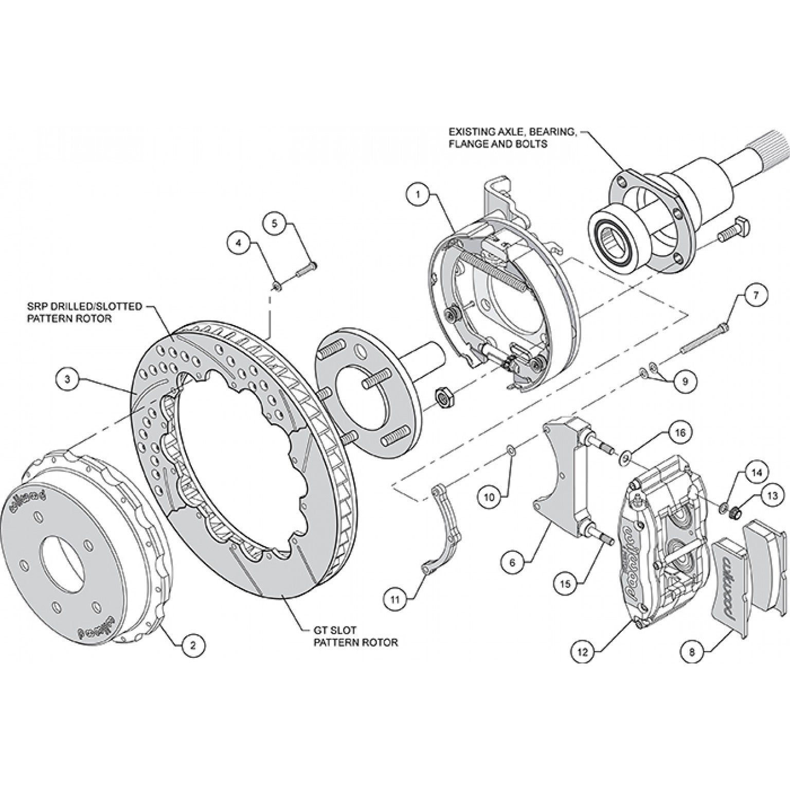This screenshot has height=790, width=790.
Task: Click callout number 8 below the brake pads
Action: point(692,652)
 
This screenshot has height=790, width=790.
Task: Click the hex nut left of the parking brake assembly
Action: point(443,397)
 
